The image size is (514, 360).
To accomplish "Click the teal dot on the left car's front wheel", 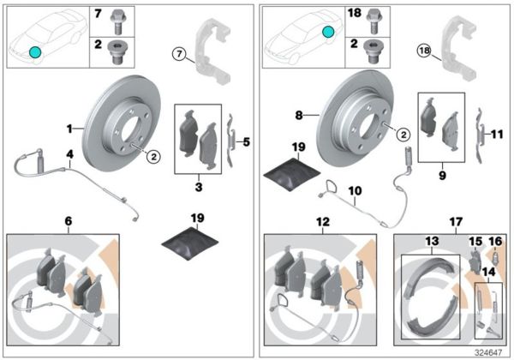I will (34, 52).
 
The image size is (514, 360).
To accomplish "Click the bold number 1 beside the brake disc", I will (72, 129).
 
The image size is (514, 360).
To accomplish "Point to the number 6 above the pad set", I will (68, 220).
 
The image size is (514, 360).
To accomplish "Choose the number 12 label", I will (321, 220).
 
